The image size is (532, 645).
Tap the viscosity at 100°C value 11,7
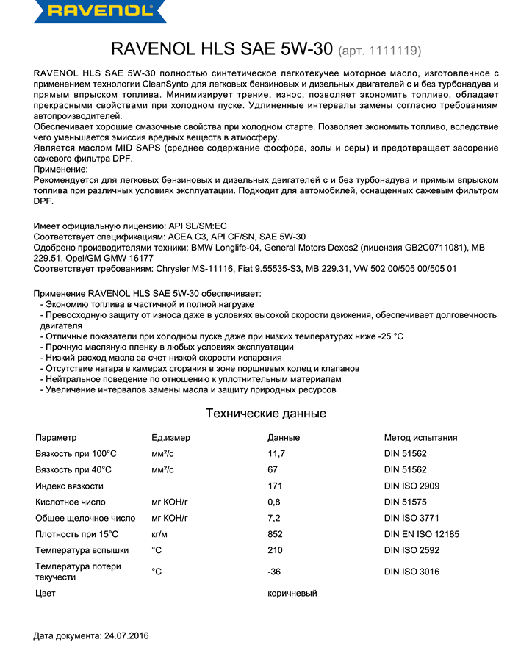click(x=276, y=454)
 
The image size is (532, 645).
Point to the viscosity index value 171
click(x=275, y=486)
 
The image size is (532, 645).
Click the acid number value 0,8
click(x=274, y=502)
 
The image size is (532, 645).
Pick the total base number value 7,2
click(x=274, y=518)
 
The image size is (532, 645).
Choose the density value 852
click(x=275, y=534)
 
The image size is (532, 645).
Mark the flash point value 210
click(x=275, y=550)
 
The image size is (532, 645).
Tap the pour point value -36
click(x=275, y=572)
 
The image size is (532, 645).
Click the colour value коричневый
click(x=292, y=593)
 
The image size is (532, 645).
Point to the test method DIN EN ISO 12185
click(x=422, y=534)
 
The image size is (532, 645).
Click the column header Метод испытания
click(x=420, y=438)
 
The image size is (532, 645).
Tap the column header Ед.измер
click(x=170, y=438)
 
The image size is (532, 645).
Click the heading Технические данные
click(x=266, y=414)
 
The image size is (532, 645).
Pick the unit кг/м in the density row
click(x=160, y=534)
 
